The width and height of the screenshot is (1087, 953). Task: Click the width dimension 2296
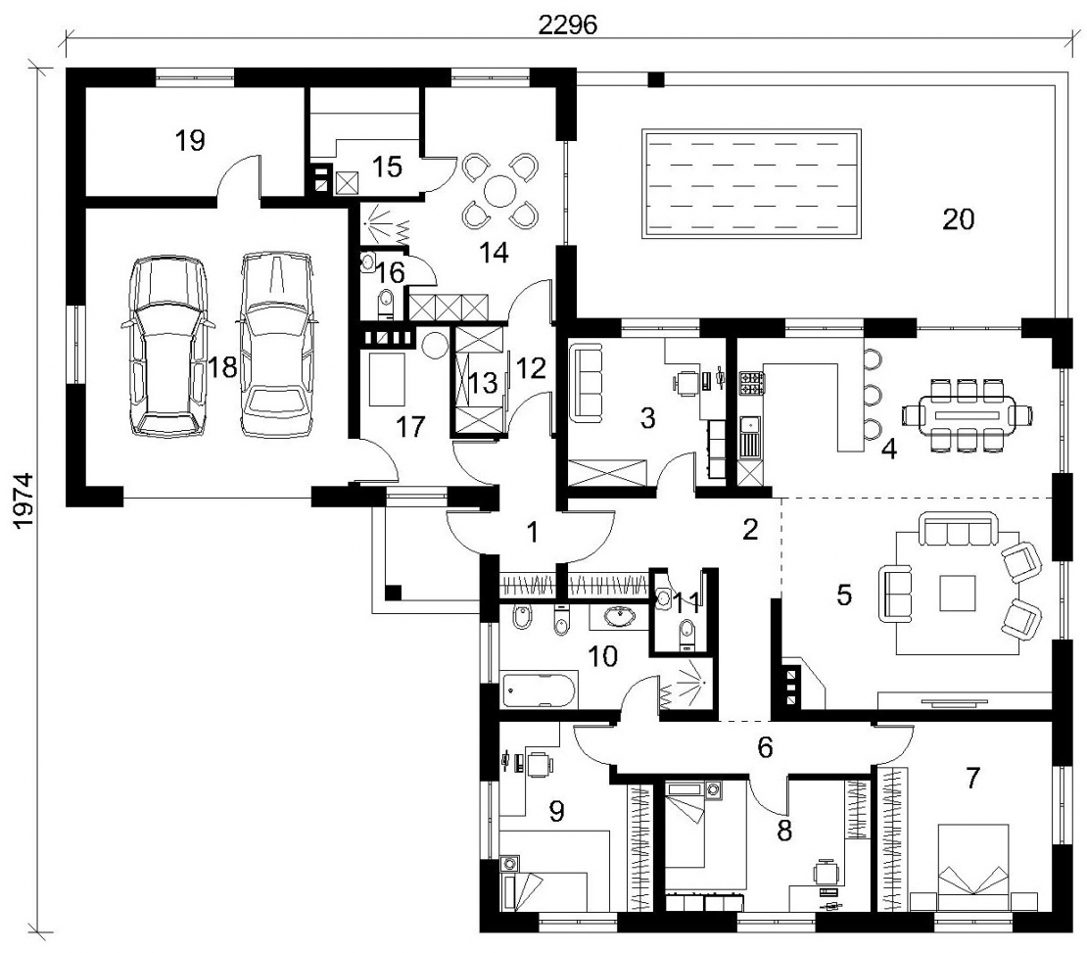568,24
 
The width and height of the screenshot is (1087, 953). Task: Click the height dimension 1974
24,501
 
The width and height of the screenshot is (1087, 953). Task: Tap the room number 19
190,141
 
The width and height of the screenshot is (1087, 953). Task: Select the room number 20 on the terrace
959,219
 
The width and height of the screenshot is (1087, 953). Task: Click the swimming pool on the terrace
753,184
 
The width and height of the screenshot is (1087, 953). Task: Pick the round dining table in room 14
497,190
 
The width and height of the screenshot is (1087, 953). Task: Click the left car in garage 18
167,346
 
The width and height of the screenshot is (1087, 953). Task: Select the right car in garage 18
276,344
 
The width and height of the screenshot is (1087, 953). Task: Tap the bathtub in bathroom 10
540,689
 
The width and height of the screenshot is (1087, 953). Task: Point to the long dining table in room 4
968,415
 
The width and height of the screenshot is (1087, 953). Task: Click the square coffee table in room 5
958,593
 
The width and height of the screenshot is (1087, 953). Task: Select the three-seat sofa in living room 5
958,529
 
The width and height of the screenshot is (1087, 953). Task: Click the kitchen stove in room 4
753,382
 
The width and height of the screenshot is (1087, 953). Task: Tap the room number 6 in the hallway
765,747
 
